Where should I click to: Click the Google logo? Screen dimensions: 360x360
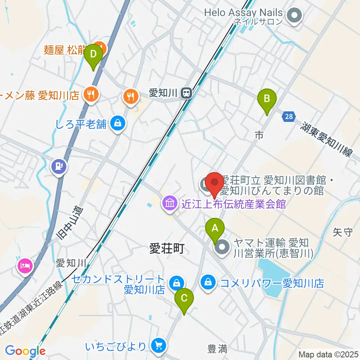25,351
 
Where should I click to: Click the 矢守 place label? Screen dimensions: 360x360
343,232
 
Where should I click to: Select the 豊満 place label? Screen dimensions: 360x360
217,349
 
